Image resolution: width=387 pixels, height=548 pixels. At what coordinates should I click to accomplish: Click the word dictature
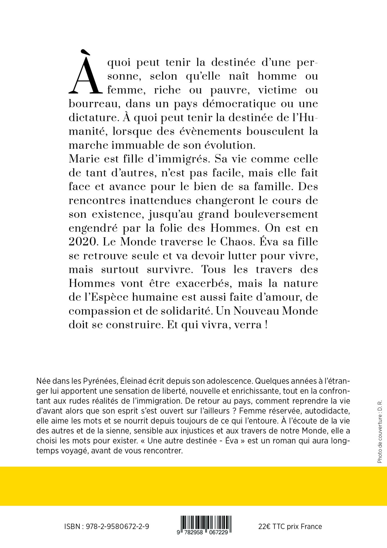pyautogui.click(x=93, y=117)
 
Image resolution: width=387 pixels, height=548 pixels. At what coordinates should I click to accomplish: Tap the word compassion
pyautogui.click(x=100, y=311)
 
